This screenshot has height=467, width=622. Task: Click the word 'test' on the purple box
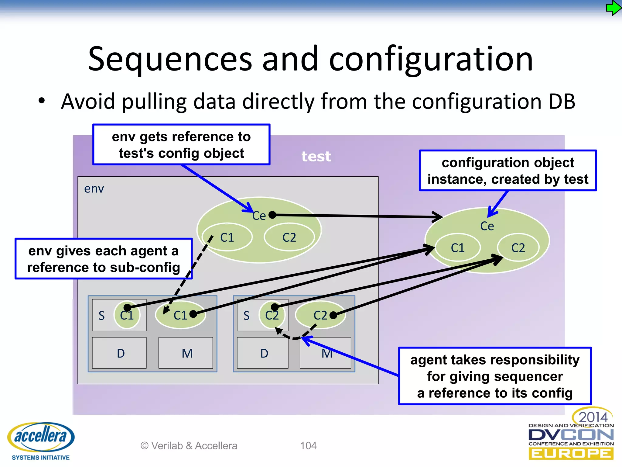click(x=316, y=157)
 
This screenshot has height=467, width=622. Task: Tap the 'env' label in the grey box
click(x=94, y=189)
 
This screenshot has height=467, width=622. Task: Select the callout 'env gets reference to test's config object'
click(x=181, y=145)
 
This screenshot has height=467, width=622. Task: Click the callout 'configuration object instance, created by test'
click(x=508, y=171)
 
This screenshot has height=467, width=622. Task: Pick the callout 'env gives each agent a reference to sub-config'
click(x=104, y=259)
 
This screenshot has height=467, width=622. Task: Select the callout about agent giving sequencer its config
click(x=495, y=376)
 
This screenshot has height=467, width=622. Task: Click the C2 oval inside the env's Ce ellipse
click(x=289, y=237)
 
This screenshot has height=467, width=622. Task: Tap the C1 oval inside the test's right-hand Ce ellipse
click(x=457, y=248)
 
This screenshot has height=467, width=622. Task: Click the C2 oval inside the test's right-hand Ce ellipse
click(x=518, y=248)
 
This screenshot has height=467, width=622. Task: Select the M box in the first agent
click(x=186, y=353)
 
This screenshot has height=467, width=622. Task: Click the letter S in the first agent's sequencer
click(x=101, y=316)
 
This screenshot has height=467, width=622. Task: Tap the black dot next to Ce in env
click(x=272, y=215)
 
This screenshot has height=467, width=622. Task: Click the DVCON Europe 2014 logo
click(x=571, y=435)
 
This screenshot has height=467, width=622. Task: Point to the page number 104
click(x=308, y=446)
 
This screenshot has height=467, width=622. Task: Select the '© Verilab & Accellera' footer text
click(x=189, y=446)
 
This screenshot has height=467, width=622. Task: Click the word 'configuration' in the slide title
click(x=431, y=59)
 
